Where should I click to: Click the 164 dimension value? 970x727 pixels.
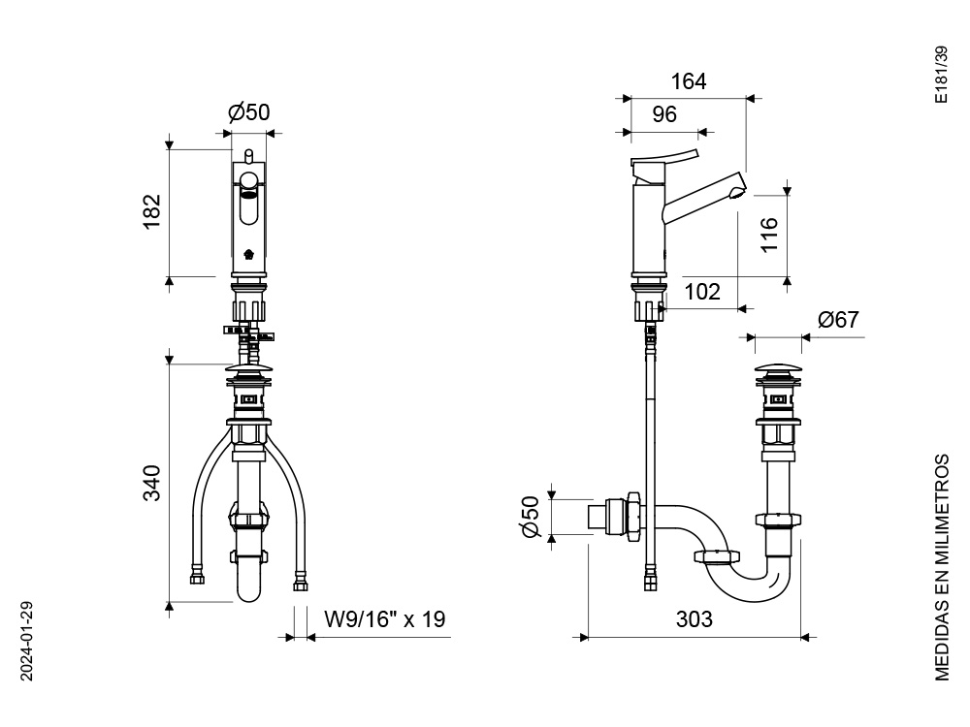[x=689, y=81]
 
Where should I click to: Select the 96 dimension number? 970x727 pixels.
[x=664, y=114]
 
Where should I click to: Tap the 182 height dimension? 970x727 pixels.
[x=152, y=211]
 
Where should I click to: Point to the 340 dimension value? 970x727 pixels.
[x=152, y=483]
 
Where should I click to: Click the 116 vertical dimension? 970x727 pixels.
[x=769, y=235]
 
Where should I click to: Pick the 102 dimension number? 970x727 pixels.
[x=702, y=292]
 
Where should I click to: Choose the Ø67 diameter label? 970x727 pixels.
[x=838, y=320]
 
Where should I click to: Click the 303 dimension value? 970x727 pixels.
[x=695, y=618]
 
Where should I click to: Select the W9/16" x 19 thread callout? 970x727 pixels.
[x=385, y=618]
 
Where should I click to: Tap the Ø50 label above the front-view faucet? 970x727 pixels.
[x=249, y=112]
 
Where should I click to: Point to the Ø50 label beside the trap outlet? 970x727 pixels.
[x=532, y=517]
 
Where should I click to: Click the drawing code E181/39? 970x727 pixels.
[x=941, y=75]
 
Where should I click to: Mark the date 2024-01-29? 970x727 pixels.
[x=26, y=641]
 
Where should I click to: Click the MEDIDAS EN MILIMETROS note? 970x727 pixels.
[x=941, y=567]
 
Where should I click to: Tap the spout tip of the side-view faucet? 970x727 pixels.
[x=738, y=189]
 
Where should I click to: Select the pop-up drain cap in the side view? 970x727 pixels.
[x=778, y=370]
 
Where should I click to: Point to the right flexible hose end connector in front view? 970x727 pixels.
[x=301, y=585]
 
